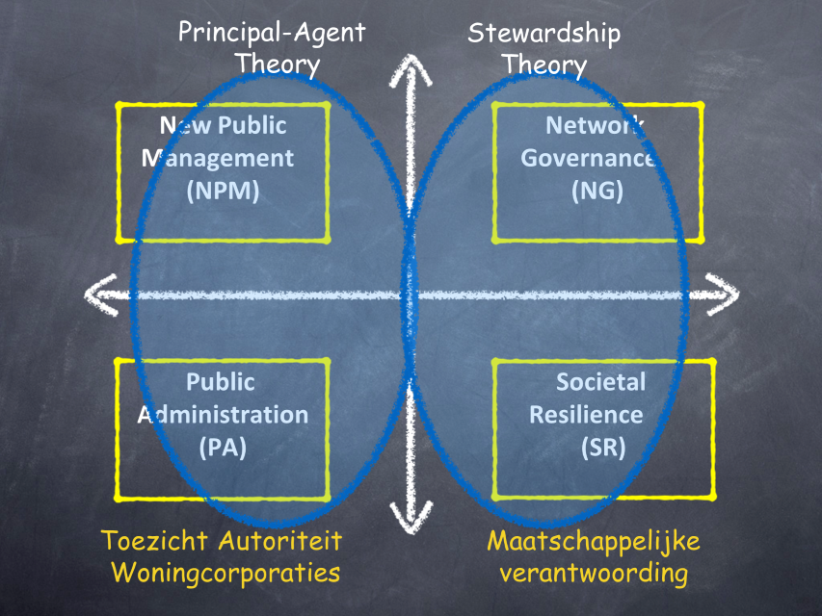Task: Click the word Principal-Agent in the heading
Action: (x=272, y=33)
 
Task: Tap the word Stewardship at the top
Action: (x=544, y=33)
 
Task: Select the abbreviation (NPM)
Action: (x=223, y=190)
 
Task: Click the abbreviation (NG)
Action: (x=597, y=190)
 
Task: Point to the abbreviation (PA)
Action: (x=223, y=448)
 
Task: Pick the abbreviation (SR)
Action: (x=603, y=448)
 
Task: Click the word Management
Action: (x=218, y=157)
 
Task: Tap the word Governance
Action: (x=588, y=157)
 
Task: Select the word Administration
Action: (x=223, y=415)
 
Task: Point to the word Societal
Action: (x=600, y=382)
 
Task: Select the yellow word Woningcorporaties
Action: (x=225, y=573)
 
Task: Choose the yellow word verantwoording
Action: (x=587, y=574)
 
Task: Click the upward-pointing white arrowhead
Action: (x=411, y=71)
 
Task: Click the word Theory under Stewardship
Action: (x=544, y=64)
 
